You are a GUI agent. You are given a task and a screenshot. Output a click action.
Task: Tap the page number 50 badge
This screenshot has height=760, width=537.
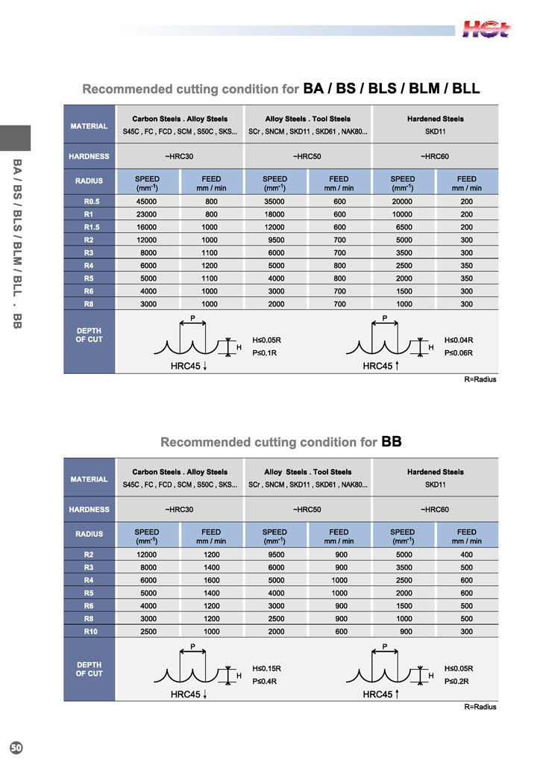(16, 747)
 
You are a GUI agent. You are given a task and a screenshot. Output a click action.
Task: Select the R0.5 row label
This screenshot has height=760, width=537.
(89, 202)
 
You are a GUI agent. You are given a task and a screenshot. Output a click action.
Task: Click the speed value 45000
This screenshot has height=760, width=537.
(147, 202)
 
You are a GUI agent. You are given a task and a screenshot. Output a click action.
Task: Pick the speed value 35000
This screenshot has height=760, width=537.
(274, 202)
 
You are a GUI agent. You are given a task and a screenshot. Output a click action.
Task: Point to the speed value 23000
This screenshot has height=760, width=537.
(147, 214)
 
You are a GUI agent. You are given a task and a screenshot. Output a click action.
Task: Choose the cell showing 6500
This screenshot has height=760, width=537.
(403, 227)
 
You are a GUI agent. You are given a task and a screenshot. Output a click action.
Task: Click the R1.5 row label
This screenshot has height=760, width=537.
(89, 227)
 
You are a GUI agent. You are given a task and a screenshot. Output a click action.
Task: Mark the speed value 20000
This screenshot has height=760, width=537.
(403, 202)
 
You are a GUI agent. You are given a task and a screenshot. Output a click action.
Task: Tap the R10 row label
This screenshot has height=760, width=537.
(89, 631)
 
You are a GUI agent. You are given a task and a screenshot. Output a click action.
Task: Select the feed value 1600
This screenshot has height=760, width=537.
(211, 580)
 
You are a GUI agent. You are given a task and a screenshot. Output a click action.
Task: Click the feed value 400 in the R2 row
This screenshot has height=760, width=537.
(467, 555)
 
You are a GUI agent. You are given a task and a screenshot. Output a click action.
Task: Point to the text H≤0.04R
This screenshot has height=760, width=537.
(459, 340)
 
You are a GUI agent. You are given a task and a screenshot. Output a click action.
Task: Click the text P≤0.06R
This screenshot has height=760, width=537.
(459, 353)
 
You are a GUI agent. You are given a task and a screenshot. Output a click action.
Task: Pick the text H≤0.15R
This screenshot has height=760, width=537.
(267, 668)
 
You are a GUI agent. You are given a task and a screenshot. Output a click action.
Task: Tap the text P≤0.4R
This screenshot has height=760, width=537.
(266, 681)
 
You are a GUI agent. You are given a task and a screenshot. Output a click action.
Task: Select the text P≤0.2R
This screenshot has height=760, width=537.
(457, 681)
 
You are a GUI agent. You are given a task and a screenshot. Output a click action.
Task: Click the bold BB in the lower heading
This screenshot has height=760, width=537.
(392, 441)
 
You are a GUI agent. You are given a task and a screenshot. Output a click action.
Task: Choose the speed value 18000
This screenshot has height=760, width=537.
(274, 214)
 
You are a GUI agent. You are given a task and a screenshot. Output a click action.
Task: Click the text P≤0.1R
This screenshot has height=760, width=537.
(265, 353)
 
